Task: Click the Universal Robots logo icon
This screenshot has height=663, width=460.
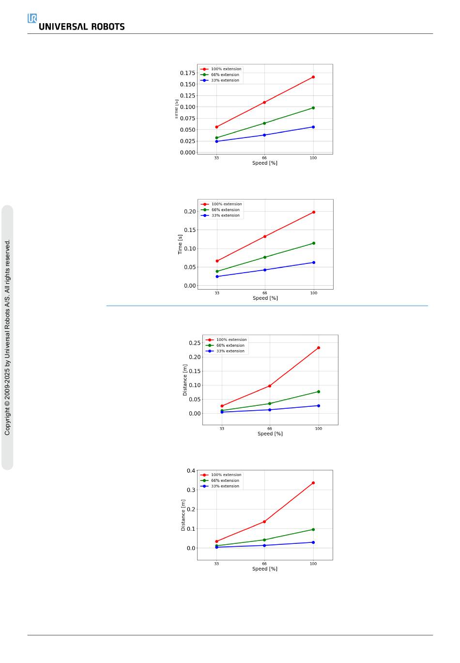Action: [x=32, y=18]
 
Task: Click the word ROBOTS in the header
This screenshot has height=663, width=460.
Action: [x=107, y=27]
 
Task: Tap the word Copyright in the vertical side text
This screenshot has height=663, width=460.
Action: [x=7, y=421]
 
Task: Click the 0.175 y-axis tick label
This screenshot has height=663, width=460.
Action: [x=187, y=73]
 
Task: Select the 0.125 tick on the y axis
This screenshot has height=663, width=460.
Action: [x=187, y=96]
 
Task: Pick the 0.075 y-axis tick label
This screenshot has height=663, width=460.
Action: [x=187, y=119]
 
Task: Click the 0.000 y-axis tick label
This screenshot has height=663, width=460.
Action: [x=187, y=153]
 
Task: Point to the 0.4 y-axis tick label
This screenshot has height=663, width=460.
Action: [x=191, y=471]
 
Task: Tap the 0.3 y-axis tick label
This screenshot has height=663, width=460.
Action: [x=191, y=490]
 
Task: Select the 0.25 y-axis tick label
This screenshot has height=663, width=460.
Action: [x=194, y=343]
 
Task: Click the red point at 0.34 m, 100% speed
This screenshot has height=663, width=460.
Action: [x=313, y=483]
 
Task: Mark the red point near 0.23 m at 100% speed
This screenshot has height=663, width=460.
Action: [x=319, y=348]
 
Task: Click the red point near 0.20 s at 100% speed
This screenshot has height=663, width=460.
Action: [x=314, y=212]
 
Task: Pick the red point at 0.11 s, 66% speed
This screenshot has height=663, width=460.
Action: [x=264, y=102]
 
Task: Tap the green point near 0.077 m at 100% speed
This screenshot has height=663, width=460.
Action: [x=319, y=392]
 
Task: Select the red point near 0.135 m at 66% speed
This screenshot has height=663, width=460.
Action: [x=264, y=522]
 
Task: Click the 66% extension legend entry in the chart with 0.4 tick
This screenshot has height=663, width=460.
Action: [x=225, y=480]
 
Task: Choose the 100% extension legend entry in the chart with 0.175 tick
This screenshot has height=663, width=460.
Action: [x=226, y=69]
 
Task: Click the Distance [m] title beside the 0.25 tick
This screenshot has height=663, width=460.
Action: [x=185, y=380]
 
